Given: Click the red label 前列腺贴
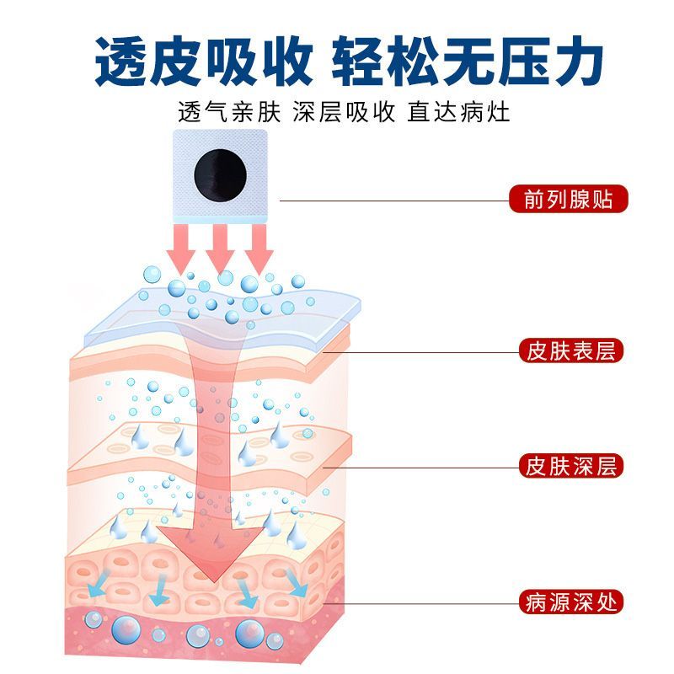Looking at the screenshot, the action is point(568,199).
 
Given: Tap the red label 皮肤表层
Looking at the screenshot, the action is point(571,350).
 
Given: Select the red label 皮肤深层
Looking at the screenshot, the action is point(571,466).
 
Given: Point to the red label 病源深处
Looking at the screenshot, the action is point(571,602).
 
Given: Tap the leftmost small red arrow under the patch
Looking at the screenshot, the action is point(181,248).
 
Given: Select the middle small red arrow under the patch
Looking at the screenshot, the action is point(220,248).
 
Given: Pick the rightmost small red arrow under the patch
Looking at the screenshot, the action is point(259,248).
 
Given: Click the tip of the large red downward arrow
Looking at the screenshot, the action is point(214,583).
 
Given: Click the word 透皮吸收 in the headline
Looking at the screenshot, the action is point(203,61).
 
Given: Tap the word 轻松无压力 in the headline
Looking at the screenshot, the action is point(468,61).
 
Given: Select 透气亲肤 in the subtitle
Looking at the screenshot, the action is point(229,113).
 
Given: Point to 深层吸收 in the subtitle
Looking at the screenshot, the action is point(344,113).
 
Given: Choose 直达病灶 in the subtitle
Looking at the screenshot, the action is point(458,113).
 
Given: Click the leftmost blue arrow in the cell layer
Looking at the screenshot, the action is point(97,584).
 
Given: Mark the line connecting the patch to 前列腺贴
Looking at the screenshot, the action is point(394,201).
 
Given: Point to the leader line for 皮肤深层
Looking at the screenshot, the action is point(420,468).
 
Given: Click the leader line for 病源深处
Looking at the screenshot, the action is point(420,603).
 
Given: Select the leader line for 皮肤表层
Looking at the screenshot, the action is point(420,352).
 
